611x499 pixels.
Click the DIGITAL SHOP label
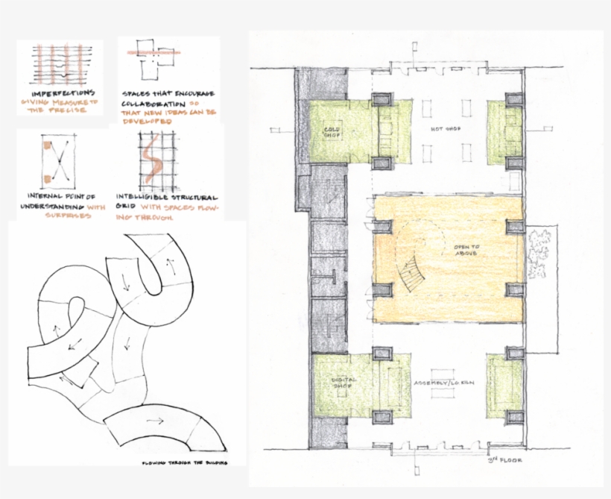[x=345, y=382]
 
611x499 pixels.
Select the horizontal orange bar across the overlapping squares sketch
[x=155, y=53]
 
